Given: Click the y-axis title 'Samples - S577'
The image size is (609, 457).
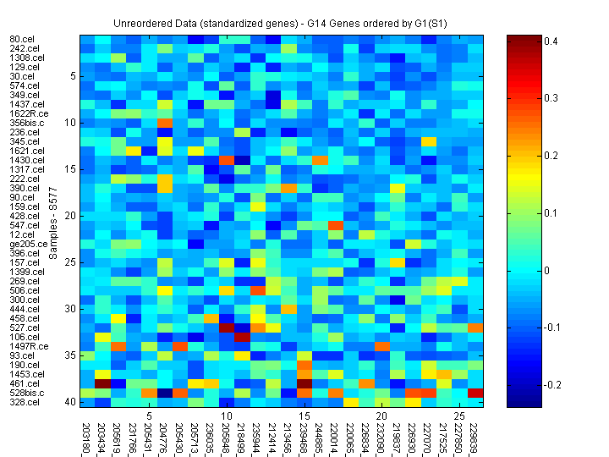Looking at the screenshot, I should point(53,221).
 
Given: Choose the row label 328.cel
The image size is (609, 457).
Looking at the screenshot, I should point(23,402).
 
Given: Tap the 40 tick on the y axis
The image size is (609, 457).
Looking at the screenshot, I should point(71,402).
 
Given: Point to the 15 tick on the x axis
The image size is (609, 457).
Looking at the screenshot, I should point(304,416).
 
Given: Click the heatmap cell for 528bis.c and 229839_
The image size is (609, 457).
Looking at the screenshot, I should point(475,393).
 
